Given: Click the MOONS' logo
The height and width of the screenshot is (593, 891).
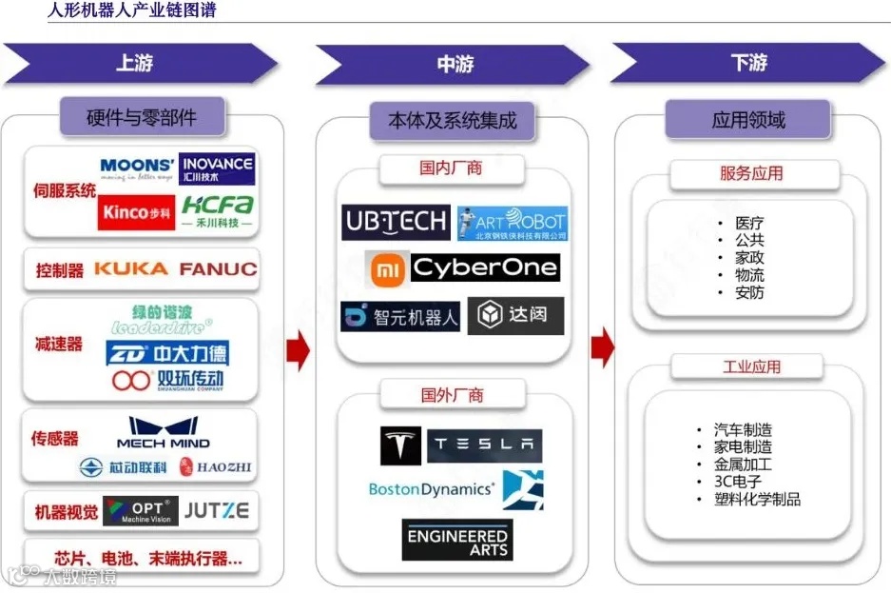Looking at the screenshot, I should coord(137,168).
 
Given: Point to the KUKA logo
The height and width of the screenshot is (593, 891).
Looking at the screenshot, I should coord(130,269).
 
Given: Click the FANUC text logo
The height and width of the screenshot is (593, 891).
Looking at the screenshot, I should coord(218,269).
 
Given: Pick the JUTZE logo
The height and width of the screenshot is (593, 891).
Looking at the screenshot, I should coord(216,511).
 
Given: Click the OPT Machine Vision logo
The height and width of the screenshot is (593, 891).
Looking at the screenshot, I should coord(140,511).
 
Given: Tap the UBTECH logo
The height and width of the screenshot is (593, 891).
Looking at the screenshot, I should coord(396,223).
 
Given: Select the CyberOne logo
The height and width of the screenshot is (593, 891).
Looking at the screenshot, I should coord(485,268).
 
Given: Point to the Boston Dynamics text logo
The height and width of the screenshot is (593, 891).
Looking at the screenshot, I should coord(431,489).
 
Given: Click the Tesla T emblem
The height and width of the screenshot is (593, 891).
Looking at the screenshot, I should coord(400,445).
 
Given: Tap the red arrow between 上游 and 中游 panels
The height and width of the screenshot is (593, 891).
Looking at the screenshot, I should coord(298,351).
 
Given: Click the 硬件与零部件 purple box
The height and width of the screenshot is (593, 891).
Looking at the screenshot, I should coord(142,118).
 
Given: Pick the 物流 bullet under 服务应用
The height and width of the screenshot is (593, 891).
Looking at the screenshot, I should coord(748,275).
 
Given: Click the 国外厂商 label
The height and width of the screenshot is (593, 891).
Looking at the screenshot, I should coord(452,394).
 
